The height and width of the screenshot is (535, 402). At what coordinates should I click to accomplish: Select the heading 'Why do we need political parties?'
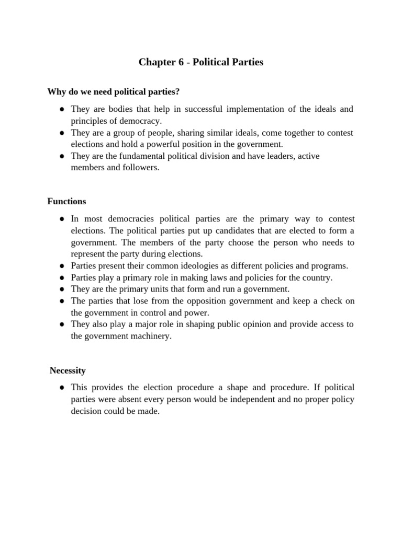tap(114, 92)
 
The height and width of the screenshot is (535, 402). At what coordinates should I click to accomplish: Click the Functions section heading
tap(66, 201)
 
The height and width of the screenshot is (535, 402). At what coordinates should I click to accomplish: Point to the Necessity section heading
tap(68, 370)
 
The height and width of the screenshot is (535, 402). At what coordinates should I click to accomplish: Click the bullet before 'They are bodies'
tap(61, 110)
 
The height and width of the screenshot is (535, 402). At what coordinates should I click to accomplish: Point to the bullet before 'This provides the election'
tap(61, 388)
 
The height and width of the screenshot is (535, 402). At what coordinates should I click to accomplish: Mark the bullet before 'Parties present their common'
tap(61, 266)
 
